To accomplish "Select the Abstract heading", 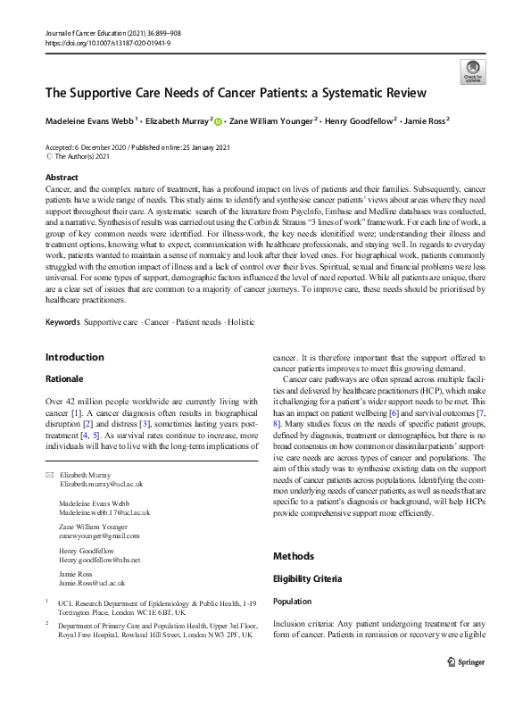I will tap(62, 178).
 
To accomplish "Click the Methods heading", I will tap(294, 556).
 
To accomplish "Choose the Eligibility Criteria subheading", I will tap(312, 578).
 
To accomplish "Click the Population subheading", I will tap(294, 602).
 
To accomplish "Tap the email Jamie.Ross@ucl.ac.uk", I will tap(87, 582).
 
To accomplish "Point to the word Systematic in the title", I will tap(322, 93).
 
